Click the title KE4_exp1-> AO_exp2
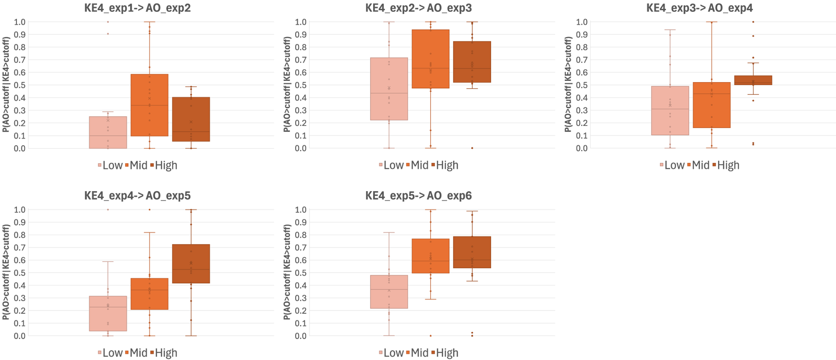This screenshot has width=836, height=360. click(137, 8)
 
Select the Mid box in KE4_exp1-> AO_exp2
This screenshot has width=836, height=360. click(150, 105)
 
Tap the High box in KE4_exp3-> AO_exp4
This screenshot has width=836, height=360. click(753, 80)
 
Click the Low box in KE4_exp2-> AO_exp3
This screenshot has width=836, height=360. click(389, 89)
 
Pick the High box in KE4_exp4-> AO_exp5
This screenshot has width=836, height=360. click(191, 264)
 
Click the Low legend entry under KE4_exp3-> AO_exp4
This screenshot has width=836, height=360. click(672, 166)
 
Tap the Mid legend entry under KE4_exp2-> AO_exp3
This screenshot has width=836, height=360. click(417, 166)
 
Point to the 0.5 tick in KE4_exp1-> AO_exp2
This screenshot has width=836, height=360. click(20, 85)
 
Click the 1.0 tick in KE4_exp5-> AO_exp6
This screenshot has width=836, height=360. click(301, 209)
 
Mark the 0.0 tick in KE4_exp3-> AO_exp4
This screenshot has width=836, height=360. click(582, 148)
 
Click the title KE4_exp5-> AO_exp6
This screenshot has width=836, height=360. click(418, 196)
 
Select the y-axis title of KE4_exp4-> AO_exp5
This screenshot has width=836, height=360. click(6, 272)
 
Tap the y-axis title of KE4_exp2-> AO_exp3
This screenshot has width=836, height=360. click(287, 85)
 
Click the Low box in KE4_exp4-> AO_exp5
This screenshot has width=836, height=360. click(108, 313)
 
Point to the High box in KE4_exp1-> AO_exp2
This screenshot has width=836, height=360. click(191, 119)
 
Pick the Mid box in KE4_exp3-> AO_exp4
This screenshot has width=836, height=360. click(711, 105)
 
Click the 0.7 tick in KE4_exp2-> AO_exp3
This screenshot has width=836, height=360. click(301, 60)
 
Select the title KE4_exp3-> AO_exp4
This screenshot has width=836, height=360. click(700, 8)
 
